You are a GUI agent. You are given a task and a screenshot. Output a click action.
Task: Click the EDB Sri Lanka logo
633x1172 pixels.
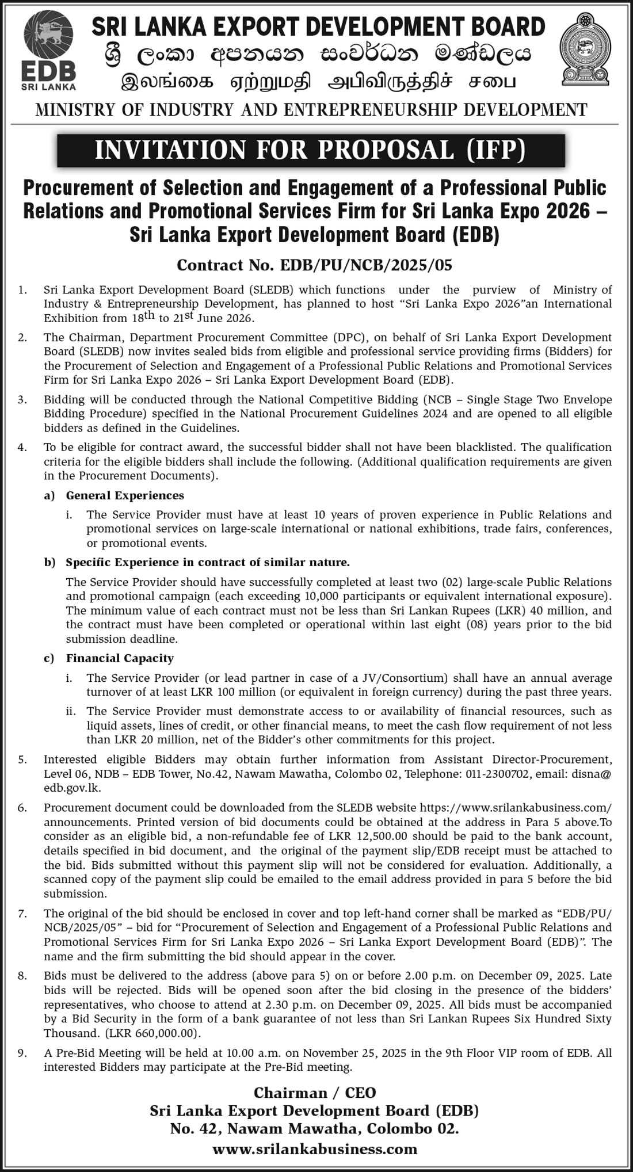[x=48, y=52]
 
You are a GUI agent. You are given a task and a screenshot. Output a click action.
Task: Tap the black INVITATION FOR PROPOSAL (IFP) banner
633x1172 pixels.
[x=311, y=150]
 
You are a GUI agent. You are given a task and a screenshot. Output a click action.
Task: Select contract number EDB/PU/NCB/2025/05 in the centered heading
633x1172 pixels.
[x=366, y=265]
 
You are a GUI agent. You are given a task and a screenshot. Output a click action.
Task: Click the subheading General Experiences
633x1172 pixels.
[x=125, y=495]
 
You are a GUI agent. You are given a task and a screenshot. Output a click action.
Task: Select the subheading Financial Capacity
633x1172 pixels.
[x=120, y=658]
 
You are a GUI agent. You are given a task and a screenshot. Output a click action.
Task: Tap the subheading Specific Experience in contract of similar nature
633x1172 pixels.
[x=208, y=562]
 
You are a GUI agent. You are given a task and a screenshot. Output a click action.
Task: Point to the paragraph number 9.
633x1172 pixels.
[x=22, y=1053]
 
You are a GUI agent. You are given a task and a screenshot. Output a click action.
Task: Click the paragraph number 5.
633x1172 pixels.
[x=22, y=759]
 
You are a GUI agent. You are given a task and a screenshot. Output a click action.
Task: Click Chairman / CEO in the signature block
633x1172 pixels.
[x=314, y=1093]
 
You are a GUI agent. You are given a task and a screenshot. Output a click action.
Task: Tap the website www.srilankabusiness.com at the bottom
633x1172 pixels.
[x=314, y=1149]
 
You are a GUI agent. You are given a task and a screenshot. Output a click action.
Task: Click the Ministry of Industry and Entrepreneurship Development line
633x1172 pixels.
[x=311, y=109]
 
